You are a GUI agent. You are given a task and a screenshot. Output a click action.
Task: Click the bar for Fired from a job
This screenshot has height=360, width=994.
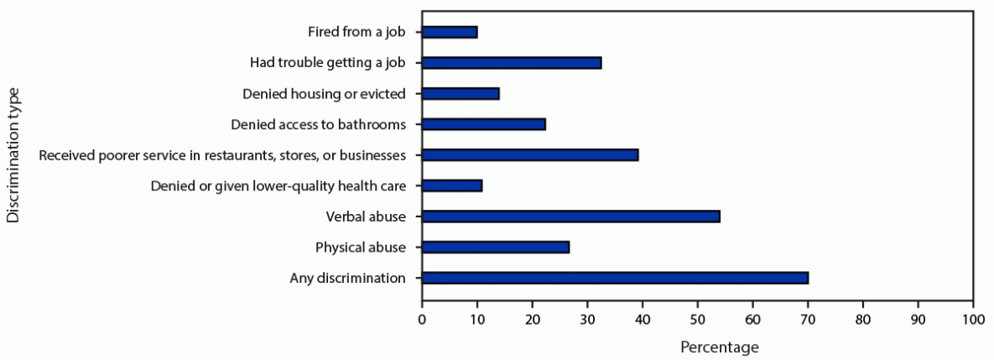pos(450,32)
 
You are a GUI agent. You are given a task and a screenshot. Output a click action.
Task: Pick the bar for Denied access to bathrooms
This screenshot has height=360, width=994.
pos(484,124)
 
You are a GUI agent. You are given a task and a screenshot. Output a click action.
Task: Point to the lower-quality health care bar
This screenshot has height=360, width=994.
pos(452,185)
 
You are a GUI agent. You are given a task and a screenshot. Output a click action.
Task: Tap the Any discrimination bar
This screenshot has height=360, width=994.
pos(615,278)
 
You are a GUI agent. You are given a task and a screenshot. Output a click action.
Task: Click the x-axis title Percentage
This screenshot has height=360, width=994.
pos(719,347)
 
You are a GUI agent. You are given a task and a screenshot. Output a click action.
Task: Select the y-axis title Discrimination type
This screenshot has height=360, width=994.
pos(13,157)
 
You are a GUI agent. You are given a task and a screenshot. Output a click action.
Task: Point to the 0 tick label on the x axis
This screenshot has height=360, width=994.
pos(422,320)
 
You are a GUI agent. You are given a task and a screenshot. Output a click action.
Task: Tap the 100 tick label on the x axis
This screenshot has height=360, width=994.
pos(973,320)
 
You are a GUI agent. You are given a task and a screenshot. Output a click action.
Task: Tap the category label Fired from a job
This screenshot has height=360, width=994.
pos(356,32)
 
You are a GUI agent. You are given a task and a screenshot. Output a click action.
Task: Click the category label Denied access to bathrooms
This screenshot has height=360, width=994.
pos(318,124)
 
